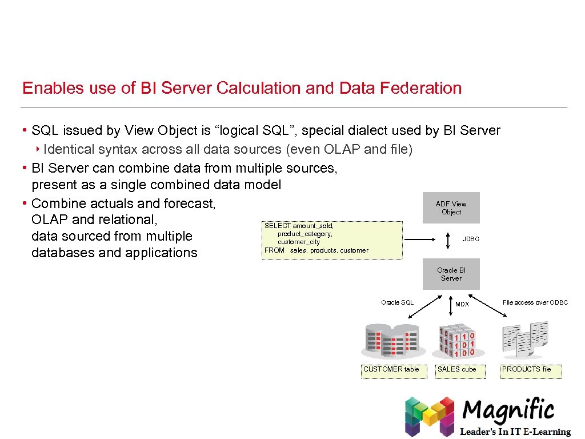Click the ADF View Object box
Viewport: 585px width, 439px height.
click(x=451, y=207)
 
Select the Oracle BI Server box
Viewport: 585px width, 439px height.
click(x=451, y=274)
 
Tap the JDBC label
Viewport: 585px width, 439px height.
click(x=471, y=239)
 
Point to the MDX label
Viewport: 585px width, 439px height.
click(x=462, y=304)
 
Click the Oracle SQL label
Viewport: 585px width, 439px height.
click(x=397, y=302)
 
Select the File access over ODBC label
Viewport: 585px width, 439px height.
click(x=535, y=302)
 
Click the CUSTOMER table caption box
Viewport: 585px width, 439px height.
click(x=391, y=370)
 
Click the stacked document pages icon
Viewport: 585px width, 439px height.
click(x=525, y=338)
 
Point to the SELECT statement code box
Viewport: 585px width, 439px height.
click(x=331, y=238)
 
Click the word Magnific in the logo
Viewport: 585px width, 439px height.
click(x=508, y=410)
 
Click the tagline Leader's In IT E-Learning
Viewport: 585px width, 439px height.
click(x=515, y=432)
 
